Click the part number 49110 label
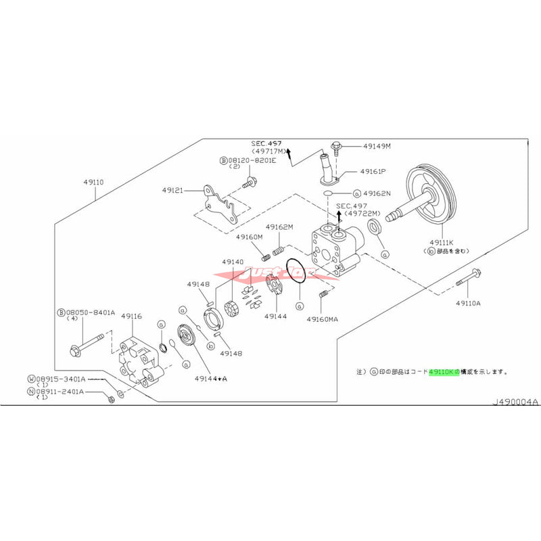point(95,182)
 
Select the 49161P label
point(373,172)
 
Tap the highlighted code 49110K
point(443,371)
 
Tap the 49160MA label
point(322,318)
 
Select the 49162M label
point(279,228)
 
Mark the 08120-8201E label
point(247,160)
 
